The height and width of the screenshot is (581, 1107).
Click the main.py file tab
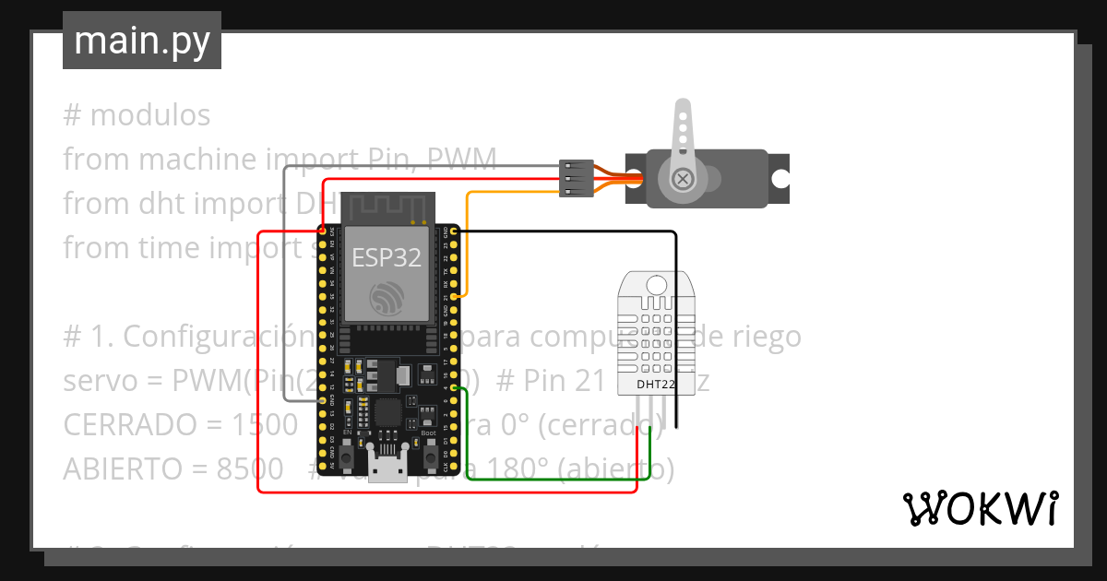pyautogui.click(x=141, y=41)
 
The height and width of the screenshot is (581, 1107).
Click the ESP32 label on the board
pyautogui.click(x=387, y=257)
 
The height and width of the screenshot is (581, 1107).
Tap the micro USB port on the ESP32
pyautogui.click(x=387, y=467)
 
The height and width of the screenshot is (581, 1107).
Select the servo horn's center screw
pyautogui.click(x=683, y=178)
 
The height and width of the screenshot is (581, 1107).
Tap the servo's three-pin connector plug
pyautogui.click(x=575, y=178)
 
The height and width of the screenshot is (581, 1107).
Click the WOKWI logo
pyautogui.click(x=980, y=508)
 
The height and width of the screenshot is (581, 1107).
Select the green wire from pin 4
pyautogui.click(x=553, y=479)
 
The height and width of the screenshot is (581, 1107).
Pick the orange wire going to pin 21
pyautogui.click(x=467, y=240)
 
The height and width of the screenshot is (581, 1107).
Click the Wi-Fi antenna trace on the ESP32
pyautogui.click(x=387, y=208)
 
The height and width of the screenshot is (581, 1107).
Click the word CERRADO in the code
pyautogui.click(x=122, y=425)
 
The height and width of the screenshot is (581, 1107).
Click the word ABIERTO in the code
pyautogui.click(x=120, y=469)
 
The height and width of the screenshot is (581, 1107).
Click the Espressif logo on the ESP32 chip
pyautogui.click(x=387, y=298)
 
